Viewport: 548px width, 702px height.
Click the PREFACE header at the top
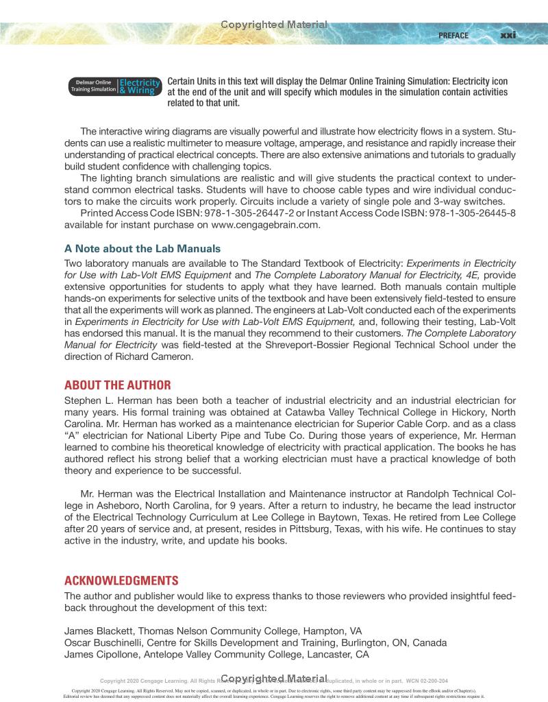pyautogui.click(x=453, y=36)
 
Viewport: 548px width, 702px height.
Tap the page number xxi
pyautogui.click(x=508, y=36)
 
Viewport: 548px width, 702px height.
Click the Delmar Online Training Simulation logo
pyautogui.click(x=114, y=86)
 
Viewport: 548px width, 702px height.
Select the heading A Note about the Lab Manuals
pyautogui.click(x=142, y=248)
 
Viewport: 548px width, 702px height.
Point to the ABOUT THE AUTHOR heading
pyautogui.click(x=117, y=385)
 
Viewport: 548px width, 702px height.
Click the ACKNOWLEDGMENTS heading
pyautogui.click(x=121, y=581)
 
